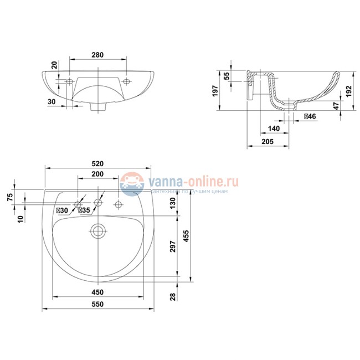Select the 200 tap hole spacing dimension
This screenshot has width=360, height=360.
click(x=97, y=174)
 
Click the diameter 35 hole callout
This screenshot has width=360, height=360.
click(x=84, y=210)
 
